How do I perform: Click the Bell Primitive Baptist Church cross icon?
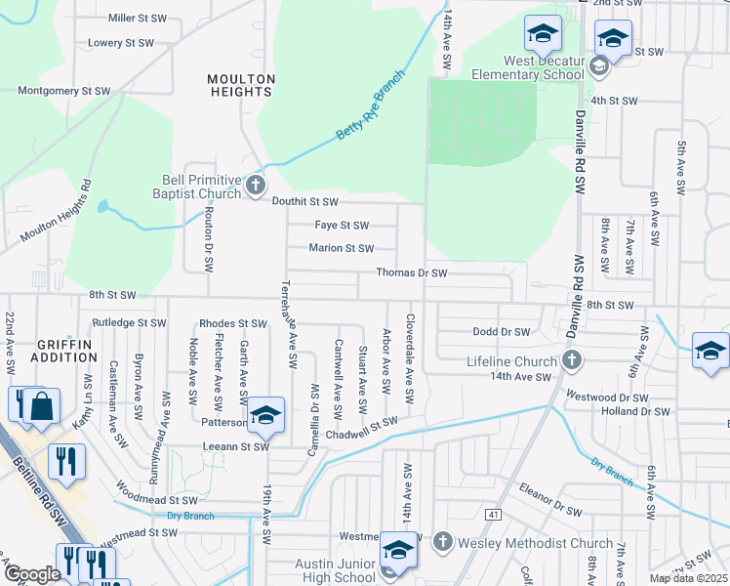(x=255, y=185)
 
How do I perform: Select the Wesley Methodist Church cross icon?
(x=442, y=541)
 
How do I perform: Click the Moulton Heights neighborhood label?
(x=239, y=84)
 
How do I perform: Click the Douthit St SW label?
(x=304, y=201)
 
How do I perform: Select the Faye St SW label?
(x=342, y=226)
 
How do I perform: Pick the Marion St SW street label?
(x=342, y=249)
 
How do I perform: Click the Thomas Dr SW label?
(x=411, y=274)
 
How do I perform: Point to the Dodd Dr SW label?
(x=501, y=332)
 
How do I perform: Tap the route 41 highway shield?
(x=495, y=514)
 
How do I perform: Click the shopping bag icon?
(x=43, y=409)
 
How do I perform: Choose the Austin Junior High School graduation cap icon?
(x=398, y=550)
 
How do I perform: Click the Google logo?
(x=31, y=574)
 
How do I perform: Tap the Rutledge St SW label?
(x=130, y=322)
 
